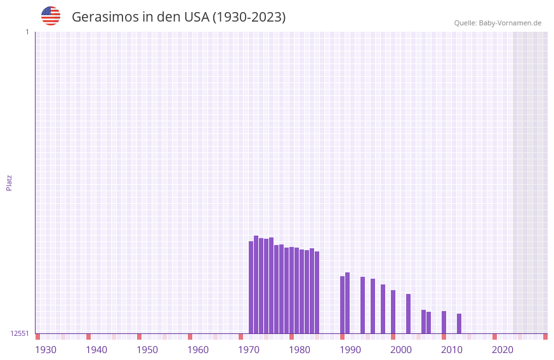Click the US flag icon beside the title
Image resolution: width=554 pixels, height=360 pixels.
tap(51, 16)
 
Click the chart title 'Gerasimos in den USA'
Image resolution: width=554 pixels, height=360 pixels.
tap(178, 17)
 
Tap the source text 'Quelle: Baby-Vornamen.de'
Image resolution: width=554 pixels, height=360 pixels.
tap(498, 23)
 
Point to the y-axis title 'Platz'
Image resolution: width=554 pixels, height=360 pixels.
tap(9, 182)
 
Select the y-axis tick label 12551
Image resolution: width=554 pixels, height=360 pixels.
tap(20, 333)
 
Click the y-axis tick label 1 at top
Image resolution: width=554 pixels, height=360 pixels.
tap(27, 32)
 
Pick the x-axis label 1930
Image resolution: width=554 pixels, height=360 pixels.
tap(46, 350)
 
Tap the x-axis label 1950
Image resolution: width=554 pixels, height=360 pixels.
tap(147, 350)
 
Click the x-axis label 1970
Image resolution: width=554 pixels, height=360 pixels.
tap(249, 350)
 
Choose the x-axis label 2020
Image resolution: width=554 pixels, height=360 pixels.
tap(503, 350)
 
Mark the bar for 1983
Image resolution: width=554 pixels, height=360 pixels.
tap(317, 292)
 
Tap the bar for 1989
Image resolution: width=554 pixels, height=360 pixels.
tap(348, 303)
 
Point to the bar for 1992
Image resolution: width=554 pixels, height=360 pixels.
tap(363, 305)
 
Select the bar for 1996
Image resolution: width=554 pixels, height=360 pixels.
tap(383, 309)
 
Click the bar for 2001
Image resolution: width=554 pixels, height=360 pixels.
tap(409, 314)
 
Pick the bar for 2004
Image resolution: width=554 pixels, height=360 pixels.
tap(424, 321)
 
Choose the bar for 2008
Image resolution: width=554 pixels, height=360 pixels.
tap(444, 322)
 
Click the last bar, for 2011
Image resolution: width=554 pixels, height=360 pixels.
tap(459, 323)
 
